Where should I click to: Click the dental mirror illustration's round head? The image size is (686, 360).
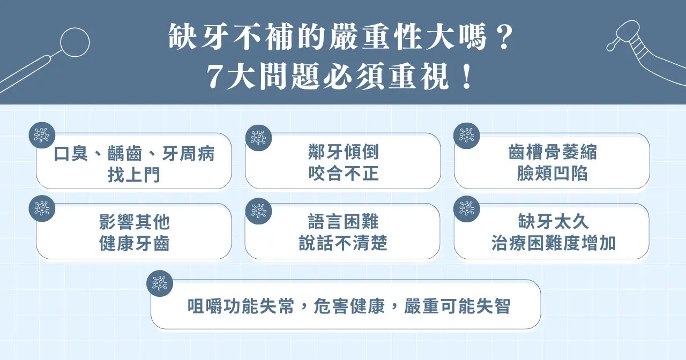click(x=74, y=42)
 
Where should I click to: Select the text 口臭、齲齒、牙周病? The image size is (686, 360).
click(x=134, y=154)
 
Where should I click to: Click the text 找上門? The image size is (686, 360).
click(x=134, y=175)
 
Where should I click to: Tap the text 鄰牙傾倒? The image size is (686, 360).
click(x=344, y=152)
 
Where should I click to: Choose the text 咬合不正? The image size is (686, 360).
click(x=344, y=174)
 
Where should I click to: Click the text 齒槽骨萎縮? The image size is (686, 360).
click(x=552, y=153)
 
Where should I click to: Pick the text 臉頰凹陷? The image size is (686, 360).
click(x=552, y=174)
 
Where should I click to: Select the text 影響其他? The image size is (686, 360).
click(x=135, y=222)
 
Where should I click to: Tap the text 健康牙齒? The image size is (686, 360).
click(x=135, y=244)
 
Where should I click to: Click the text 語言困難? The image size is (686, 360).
click(x=343, y=222)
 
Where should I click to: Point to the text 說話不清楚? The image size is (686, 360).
click(x=343, y=244)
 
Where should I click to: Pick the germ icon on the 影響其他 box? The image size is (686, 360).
click(x=42, y=208)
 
